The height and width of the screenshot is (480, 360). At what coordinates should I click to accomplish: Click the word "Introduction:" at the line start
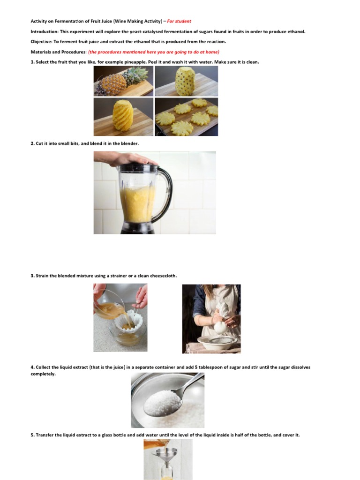(x=45, y=31)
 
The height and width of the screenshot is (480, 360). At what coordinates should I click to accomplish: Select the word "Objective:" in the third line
(x=41, y=41)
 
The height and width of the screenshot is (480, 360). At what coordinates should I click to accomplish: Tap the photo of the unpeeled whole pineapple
(x=123, y=81)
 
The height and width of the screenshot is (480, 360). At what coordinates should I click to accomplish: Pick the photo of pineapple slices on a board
(x=186, y=117)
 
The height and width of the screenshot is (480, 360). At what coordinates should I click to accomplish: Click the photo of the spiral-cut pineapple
(x=123, y=117)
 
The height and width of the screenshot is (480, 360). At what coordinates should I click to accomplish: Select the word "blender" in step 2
(x=130, y=143)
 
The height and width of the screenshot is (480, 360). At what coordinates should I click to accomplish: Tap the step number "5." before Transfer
(x=33, y=435)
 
